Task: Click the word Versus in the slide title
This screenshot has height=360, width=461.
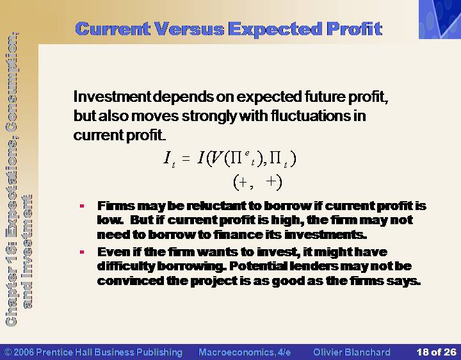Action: click(x=190, y=29)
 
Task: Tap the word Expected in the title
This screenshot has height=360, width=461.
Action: click(x=275, y=29)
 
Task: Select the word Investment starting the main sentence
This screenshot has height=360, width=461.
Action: click(x=112, y=97)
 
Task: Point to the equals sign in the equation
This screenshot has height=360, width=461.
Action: click(x=186, y=159)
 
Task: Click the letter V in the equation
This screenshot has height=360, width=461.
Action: click(x=216, y=158)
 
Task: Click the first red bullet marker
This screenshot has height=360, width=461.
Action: click(x=82, y=206)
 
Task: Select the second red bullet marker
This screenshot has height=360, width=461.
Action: click(x=82, y=252)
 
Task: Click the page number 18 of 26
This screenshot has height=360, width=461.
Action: click(x=436, y=352)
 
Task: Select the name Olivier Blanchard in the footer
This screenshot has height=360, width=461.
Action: click(x=352, y=352)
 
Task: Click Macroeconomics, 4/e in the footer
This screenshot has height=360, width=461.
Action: click(x=245, y=352)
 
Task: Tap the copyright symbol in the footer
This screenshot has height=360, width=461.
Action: click(x=8, y=352)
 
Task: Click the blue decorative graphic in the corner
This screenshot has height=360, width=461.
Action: click(x=440, y=19)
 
